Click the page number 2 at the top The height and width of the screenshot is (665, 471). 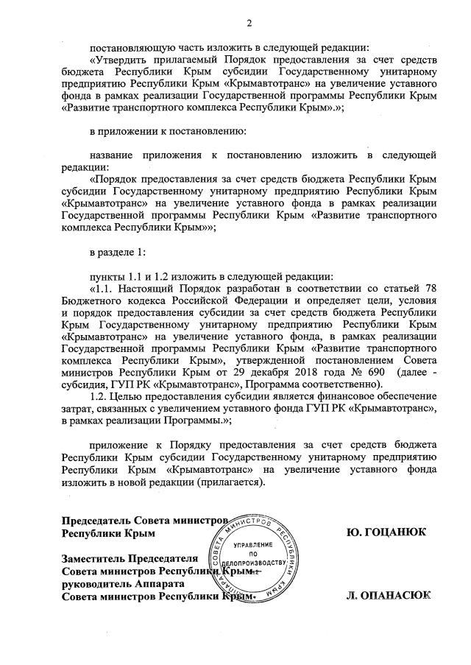(x=249, y=24)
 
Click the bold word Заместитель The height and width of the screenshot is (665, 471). (x=94, y=557)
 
